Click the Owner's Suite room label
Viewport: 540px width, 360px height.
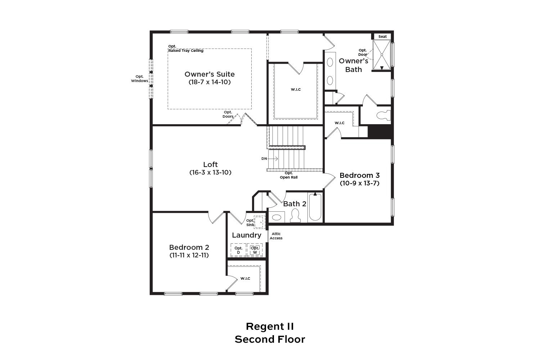[x=210, y=74]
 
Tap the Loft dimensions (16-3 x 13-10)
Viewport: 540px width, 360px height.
[x=210, y=172]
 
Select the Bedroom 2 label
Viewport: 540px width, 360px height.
[x=189, y=247]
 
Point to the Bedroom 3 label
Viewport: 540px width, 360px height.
[x=359, y=175]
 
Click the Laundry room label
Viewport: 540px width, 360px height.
[x=247, y=235]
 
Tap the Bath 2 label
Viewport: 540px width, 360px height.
[x=294, y=204]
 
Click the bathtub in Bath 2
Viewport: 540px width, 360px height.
[x=315, y=207]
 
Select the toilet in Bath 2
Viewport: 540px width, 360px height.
[x=295, y=215]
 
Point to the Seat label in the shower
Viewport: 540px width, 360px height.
[x=382, y=37]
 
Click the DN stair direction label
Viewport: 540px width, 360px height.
[x=264, y=159]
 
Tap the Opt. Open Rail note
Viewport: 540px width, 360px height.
[x=289, y=175]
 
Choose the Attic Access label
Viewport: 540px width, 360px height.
[x=276, y=236]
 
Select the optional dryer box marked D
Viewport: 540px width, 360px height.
[x=238, y=250]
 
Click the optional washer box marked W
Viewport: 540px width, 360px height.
[x=255, y=250]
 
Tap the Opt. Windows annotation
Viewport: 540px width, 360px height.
[x=140, y=79]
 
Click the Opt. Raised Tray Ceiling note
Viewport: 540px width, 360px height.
[x=186, y=49]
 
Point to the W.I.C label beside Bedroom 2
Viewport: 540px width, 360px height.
[x=245, y=279]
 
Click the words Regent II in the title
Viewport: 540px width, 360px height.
[x=270, y=327]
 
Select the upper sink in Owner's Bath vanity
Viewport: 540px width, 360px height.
[x=330, y=62]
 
